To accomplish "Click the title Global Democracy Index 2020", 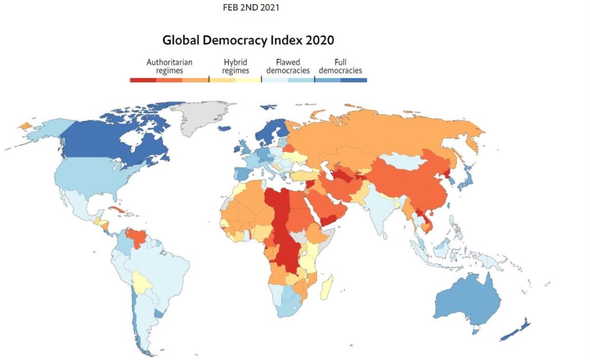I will click(x=248, y=40).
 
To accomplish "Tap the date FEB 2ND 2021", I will click(x=251, y=8).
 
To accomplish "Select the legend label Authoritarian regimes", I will click(x=169, y=66).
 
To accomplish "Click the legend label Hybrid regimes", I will click(x=235, y=66).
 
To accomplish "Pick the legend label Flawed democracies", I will click(x=288, y=66).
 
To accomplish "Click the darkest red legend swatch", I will click(x=143, y=80).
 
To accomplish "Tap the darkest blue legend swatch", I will click(x=354, y=80).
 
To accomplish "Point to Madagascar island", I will click(x=327, y=286).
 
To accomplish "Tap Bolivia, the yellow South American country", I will click(x=142, y=282).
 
